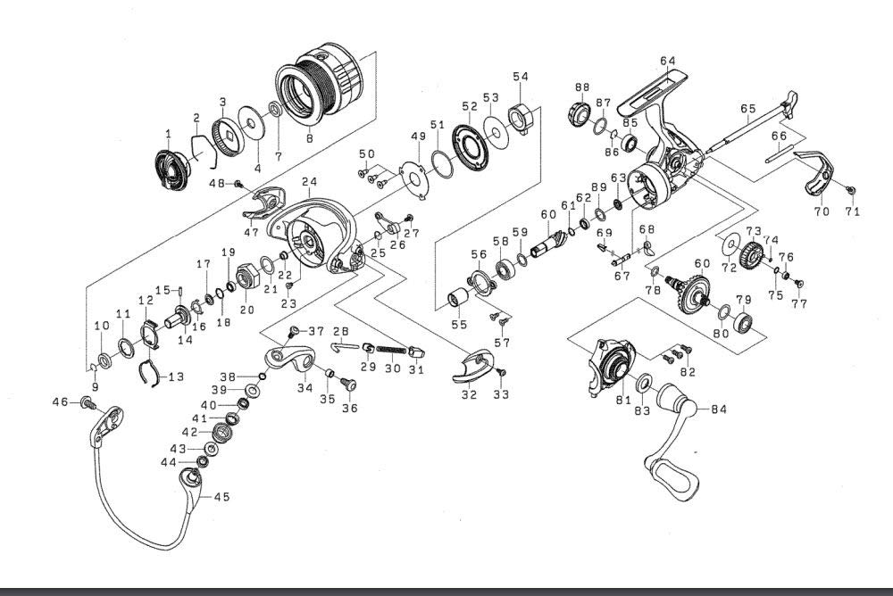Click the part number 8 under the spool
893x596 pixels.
(310, 138)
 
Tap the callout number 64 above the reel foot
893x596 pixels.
(668, 61)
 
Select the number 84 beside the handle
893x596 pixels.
(719, 410)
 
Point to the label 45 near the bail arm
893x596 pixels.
(221, 496)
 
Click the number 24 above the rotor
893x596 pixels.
(309, 182)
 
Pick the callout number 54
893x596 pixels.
(521, 76)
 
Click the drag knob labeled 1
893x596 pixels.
(171, 170)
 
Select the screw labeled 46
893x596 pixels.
(88, 401)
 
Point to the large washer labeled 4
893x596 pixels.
(251, 122)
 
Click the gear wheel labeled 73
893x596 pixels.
(752, 255)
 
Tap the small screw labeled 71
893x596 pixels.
(851, 191)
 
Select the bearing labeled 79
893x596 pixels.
(743, 323)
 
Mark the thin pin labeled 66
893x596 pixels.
(780, 156)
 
